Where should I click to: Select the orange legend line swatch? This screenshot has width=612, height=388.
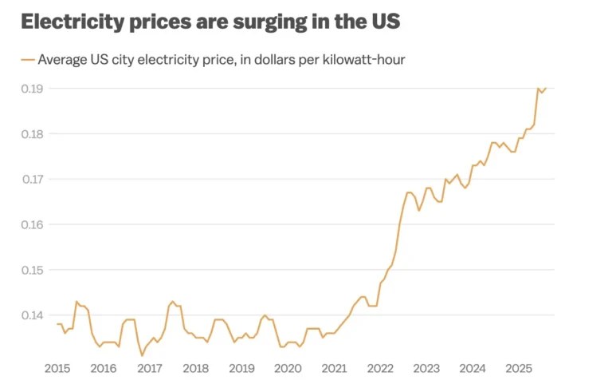pos(28,59)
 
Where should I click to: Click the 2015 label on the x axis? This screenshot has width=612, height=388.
pos(57,368)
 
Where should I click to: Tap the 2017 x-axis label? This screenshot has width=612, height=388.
pos(150,368)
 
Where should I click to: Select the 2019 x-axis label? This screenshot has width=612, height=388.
pos(242,368)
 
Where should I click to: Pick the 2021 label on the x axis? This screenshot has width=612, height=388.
pos(335,368)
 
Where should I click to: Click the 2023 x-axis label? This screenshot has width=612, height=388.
pos(427,368)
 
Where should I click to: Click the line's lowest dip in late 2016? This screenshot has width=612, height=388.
pos(142,356)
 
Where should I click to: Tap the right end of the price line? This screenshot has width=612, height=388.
pos(546,88)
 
